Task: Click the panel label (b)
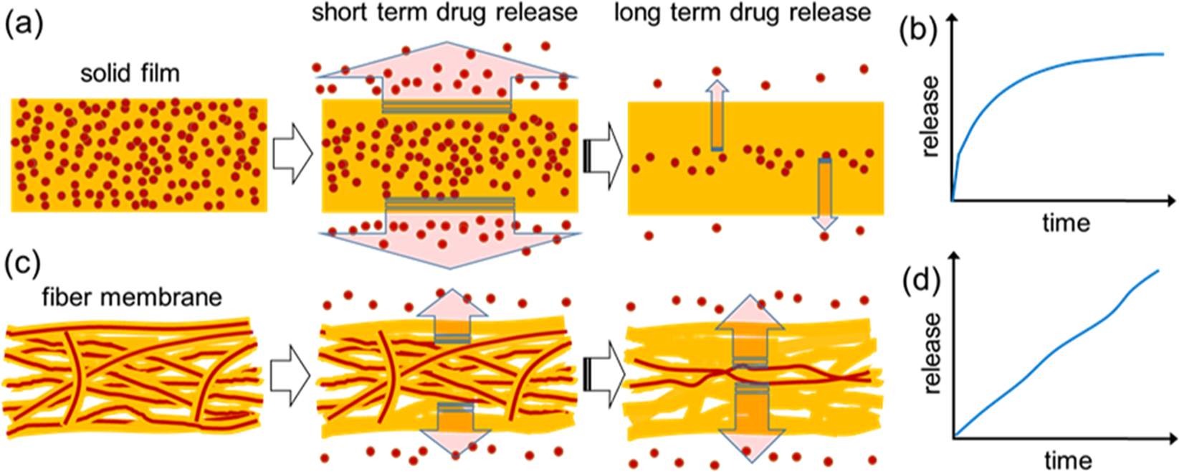tap(918, 33)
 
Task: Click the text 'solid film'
tap(130, 72)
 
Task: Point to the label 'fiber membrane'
tap(132, 296)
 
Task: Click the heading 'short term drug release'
tap(444, 12)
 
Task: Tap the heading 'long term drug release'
tap(743, 12)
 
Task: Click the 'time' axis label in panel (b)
tap(1066, 222)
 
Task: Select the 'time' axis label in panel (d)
tap(1068, 459)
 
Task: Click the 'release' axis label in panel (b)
tap(930, 117)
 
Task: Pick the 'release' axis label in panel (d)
tap(931, 353)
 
